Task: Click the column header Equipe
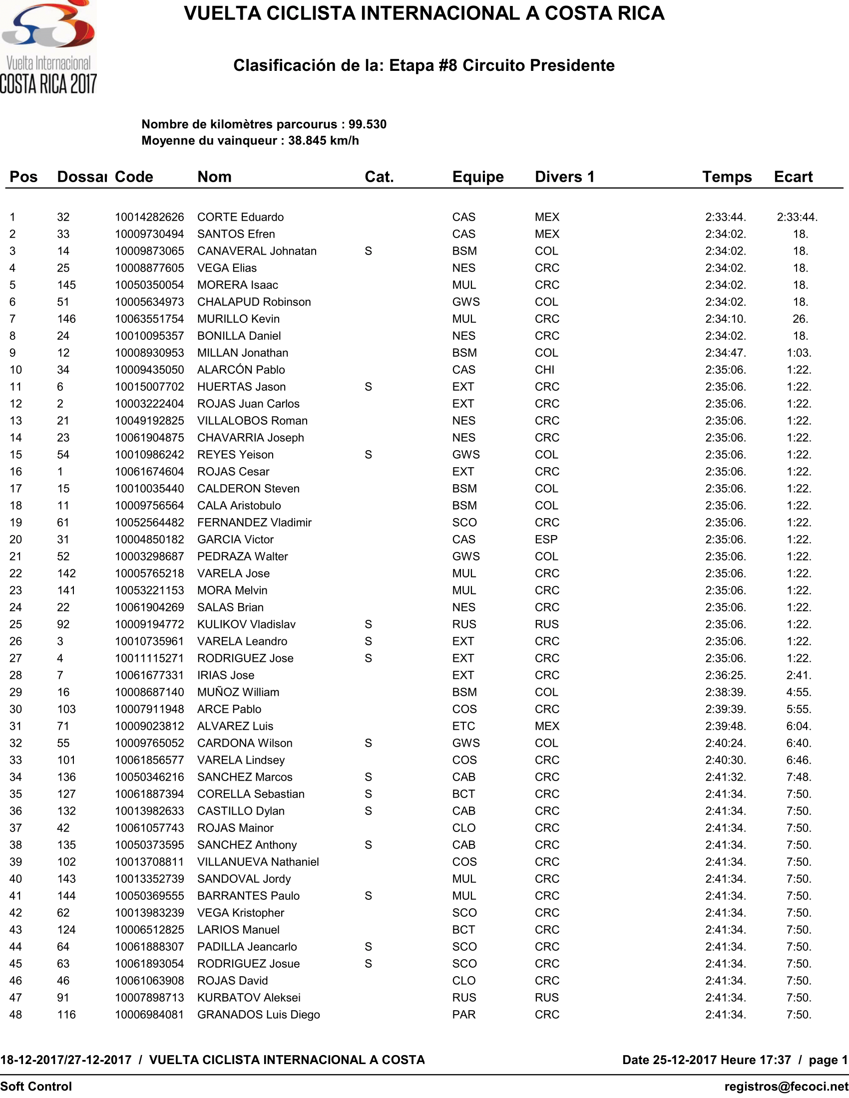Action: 478,177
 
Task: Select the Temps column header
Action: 727,177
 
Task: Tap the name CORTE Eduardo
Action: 240,217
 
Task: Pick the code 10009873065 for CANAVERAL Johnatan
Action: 149,251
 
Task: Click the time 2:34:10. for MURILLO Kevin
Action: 725,319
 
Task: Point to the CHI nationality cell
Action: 545,370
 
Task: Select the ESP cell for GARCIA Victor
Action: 546,540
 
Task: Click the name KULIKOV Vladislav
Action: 246,624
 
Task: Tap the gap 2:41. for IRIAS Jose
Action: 799,675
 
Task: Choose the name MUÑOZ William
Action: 238,692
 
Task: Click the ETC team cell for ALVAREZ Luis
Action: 463,726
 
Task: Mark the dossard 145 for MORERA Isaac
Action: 66,285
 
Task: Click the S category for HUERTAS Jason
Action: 368,387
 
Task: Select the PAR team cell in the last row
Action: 464,1015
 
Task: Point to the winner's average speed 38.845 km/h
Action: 324,141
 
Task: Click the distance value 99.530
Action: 367,125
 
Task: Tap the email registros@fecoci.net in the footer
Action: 786,1087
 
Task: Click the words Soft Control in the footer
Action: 36,1087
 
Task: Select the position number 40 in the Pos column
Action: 16,879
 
